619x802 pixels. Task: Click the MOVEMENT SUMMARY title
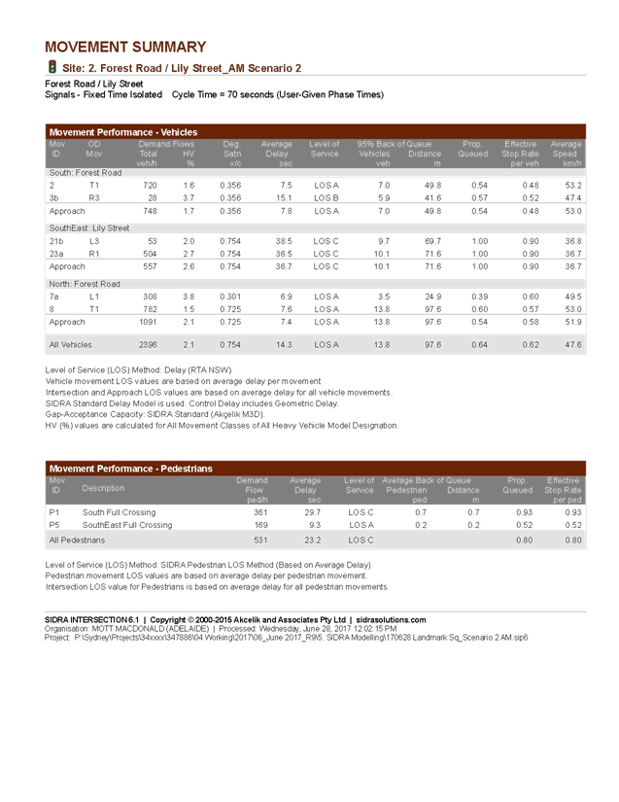coord(125,47)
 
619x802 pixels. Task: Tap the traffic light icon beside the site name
coord(52,67)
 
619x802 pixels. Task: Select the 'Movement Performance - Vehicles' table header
coord(123,131)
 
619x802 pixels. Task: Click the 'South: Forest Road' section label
coord(85,172)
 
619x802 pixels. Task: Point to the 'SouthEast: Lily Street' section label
coord(88,227)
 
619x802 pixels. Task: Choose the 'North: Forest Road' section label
coord(85,284)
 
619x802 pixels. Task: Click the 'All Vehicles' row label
coord(71,344)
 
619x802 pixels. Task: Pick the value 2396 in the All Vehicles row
coord(148,344)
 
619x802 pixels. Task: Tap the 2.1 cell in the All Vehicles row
coord(189,344)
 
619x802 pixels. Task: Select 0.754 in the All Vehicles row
coord(229,344)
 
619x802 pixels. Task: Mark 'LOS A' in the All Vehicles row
coord(327,344)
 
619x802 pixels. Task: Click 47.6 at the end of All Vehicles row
coord(572,344)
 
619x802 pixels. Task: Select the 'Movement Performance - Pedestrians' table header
coord(130,469)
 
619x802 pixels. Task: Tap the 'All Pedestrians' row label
coord(77,540)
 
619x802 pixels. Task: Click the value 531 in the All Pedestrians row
coord(259,540)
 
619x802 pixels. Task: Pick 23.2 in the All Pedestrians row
coord(311,540)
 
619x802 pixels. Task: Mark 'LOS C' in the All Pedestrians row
coord(361,540)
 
